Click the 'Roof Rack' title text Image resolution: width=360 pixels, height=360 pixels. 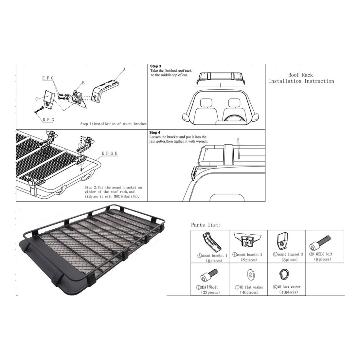[x=300, y=75]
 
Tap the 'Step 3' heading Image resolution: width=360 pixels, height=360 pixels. [x=155, y=66]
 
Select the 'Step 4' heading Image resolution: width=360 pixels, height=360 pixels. [x=155, y=133]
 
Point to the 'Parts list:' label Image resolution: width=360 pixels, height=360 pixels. [x=206, y=225]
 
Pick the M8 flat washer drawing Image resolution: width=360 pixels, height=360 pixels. [x=250, y=275]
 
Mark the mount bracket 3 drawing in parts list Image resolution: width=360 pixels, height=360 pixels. [x=283, y=241]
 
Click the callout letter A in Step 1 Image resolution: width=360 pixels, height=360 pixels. [x=124, y=69]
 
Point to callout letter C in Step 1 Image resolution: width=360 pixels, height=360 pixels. [x=37, y=99]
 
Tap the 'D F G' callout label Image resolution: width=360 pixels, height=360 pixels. [x=48, y=119]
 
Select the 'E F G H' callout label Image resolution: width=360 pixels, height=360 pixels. [x=110, y=153]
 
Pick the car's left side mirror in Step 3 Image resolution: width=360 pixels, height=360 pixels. [x=186, y=117]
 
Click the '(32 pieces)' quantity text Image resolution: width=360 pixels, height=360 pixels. [x=210, y=292]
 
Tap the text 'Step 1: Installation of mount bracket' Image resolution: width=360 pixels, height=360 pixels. [x=114, y=124]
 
